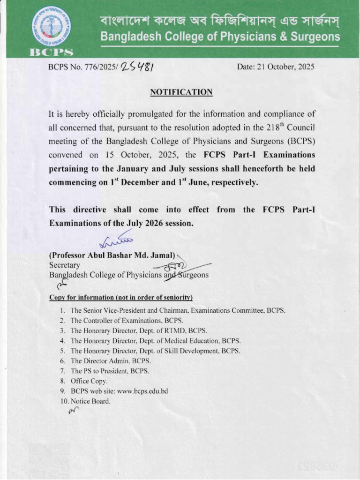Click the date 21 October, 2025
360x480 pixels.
[276, 67]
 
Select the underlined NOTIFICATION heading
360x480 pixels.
[181, 92]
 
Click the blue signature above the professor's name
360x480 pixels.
[116, 242]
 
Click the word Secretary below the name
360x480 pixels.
[65, 265]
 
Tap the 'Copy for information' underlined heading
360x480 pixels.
[120, 298]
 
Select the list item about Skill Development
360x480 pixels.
[155, 351]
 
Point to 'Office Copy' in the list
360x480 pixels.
[89, 381]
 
